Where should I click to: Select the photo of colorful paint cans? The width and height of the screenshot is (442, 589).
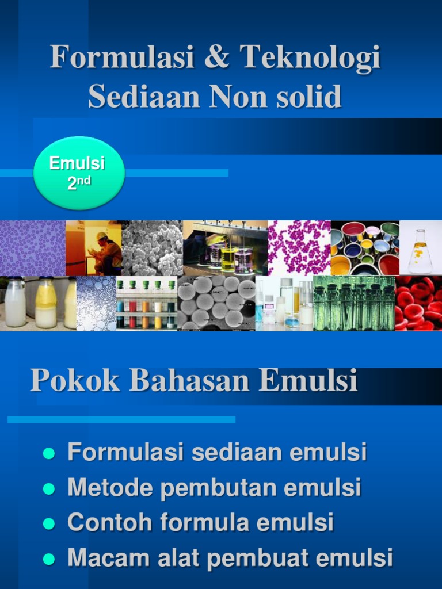(365, 248)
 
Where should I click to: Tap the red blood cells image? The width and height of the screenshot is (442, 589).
(418, 303)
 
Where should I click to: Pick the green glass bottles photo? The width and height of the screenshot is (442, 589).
(354, 303)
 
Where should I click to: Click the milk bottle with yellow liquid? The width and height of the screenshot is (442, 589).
(45, 303)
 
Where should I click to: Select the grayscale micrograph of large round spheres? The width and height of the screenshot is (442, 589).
(216, 303)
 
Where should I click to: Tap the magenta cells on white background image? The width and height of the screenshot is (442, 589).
(299, 248)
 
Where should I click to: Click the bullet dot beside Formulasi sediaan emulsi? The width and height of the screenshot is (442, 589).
(49, 453)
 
